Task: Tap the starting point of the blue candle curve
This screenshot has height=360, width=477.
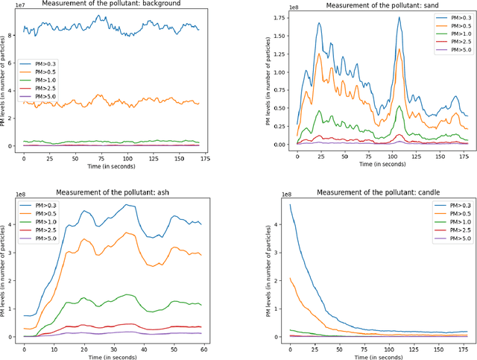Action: click(290, 205)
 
